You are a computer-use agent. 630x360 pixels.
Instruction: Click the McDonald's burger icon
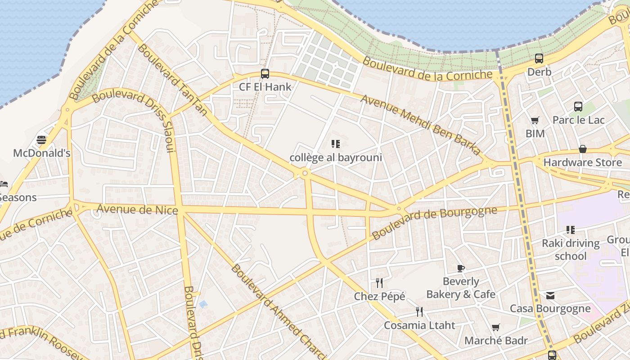[x=41, y=139]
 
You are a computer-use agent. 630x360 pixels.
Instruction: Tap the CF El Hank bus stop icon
[x=265, y=74]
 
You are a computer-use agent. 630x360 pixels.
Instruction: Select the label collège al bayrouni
[x=336, y=157]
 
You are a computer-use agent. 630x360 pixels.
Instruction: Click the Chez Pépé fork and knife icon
[x=379, y=283]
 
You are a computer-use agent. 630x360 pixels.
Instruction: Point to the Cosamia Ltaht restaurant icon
[x=419, y=312]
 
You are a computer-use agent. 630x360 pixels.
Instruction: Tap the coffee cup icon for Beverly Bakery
[x=461, y=268]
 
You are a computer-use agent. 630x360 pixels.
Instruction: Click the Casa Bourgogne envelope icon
[x=550, y=296]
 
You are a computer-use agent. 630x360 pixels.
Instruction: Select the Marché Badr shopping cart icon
[x=495, y=328]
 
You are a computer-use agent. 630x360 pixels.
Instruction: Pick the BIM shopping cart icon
[x=535, y=120]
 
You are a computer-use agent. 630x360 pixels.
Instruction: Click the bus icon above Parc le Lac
[x=578, y=107]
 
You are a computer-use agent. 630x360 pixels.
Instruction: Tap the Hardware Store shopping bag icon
[x=583, y=149]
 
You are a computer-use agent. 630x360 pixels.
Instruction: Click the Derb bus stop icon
[x=539, y=58]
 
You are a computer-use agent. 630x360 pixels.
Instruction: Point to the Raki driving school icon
[x=571, y=230]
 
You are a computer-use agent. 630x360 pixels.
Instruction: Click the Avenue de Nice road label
[x=137, y=209]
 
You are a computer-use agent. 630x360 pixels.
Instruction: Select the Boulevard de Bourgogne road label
[x=434, y=222]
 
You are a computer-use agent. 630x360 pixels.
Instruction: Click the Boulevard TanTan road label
[x=171, y=79]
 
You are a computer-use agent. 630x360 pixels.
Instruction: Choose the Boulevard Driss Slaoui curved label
[x=135, y=112]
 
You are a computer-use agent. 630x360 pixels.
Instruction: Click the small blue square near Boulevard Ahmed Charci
[x=203, y=305]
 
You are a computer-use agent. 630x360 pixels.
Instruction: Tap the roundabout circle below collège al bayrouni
[x=305, y=173]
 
